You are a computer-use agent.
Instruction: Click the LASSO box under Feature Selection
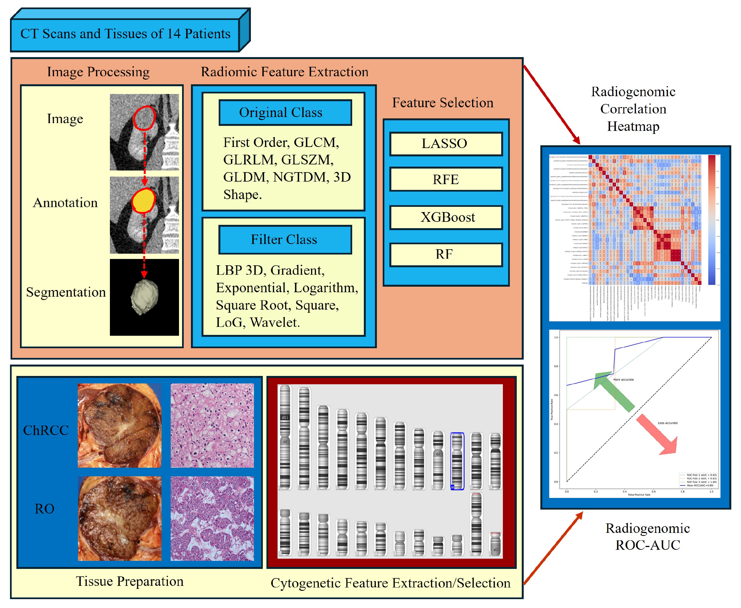coord(446,144)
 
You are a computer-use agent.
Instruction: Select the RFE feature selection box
coord(446,180)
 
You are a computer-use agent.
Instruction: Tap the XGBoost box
coord(446,217)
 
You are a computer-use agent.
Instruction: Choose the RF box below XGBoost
coord(446,255)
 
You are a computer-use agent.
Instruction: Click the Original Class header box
coord(285,113)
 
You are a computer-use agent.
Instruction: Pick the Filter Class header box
coord(285,240)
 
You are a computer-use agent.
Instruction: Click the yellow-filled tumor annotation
coord(144,201)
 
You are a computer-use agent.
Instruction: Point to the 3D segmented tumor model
coord(144,296)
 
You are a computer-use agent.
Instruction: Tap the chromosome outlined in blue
coord(457,461)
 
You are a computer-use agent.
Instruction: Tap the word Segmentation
coord(66,292)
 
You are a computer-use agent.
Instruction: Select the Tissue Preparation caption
coord(130,581)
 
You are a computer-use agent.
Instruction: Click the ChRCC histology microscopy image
coord(212,426)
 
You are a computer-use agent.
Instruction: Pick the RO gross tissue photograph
coord(120,518)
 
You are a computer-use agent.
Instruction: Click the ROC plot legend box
coord(697,480)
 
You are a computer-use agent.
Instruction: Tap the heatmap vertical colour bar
coord(712,220)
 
